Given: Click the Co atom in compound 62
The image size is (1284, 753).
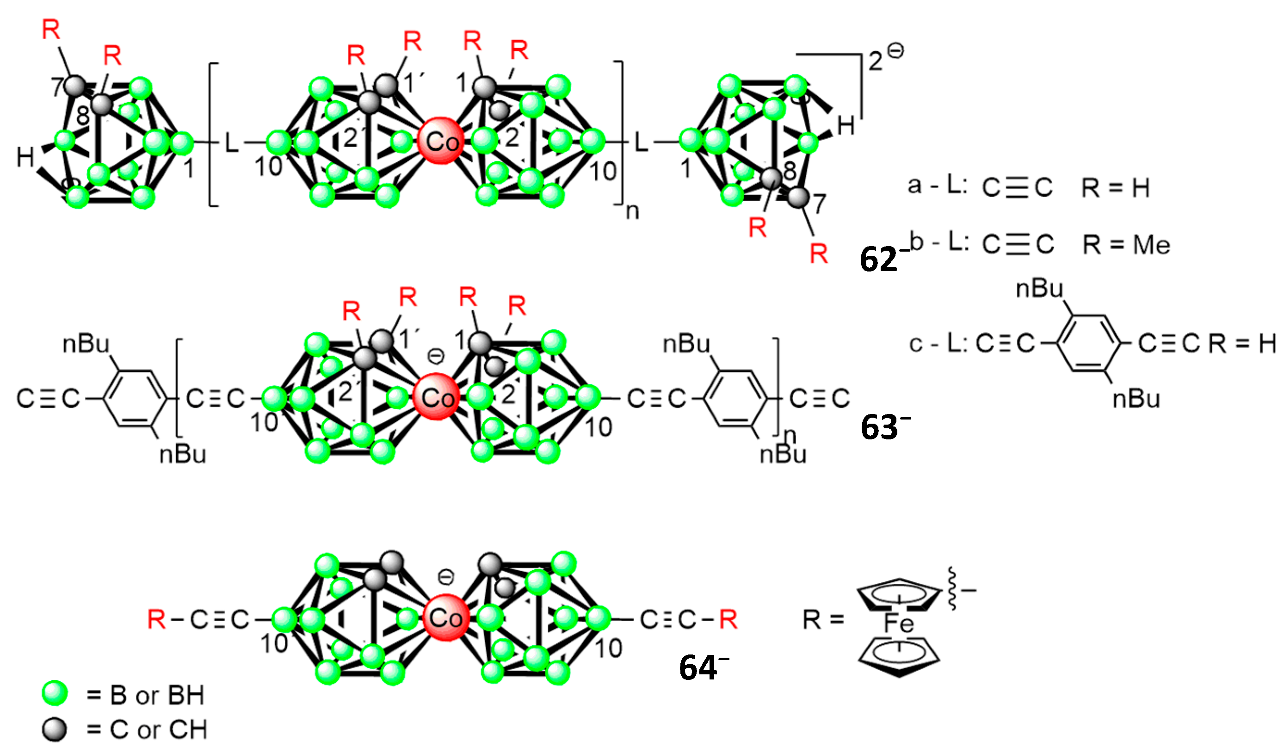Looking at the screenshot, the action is pyautogui.click(x=441, y=141).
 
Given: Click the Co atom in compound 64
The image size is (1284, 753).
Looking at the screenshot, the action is pyautogui.click(x=445, y=618).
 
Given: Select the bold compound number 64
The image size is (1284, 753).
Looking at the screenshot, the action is pyautogui.click(x=698, y=667).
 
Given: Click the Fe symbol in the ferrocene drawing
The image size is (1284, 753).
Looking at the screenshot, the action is pyautogui.click(x=899, y=623).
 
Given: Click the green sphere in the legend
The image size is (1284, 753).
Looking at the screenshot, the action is pyautogui.click(x=55, y=693).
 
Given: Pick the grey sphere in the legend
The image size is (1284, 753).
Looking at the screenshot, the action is pyautogui.click(x=55, y=729).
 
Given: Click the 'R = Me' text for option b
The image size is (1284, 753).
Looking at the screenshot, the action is pyautogui.click(x=1126, y=245).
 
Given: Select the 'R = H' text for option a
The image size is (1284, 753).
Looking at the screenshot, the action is pyautogui.click(x=1116, y=188).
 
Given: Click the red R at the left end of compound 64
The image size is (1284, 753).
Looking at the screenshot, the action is pyautogui.click(x=156, y=619).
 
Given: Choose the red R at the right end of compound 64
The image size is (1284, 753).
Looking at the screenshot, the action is pyautogui.click(x=728, y=619).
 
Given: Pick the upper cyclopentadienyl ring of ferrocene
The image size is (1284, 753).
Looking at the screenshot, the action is pyautogui.click(x=898, y=594).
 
